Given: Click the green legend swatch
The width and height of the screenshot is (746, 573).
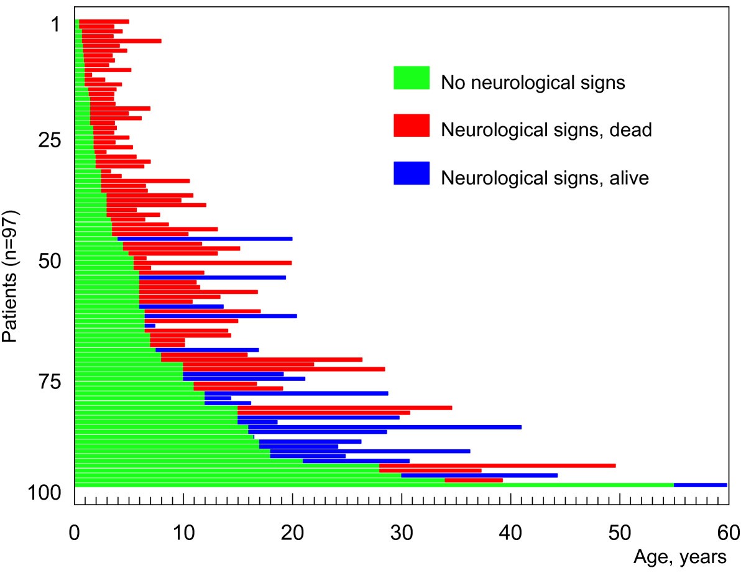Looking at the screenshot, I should pos(412,78).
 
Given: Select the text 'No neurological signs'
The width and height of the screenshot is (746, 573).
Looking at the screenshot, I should pos(532,82).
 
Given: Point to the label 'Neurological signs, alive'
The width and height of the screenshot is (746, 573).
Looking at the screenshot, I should pos(545,178).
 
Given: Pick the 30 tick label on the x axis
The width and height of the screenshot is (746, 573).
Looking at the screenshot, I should pos(402,533).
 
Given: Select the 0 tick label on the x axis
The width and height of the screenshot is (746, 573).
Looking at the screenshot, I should pos(75,533).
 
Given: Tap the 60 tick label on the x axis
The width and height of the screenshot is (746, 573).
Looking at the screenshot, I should pos(728,533).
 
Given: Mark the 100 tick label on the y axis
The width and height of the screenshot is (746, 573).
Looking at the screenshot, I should pos(44,493).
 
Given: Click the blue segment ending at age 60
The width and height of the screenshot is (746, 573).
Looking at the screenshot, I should pos(700,485).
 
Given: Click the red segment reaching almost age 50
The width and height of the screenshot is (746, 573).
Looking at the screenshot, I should pos(497,465).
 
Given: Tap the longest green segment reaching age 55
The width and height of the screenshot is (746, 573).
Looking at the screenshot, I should pos(373,485).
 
